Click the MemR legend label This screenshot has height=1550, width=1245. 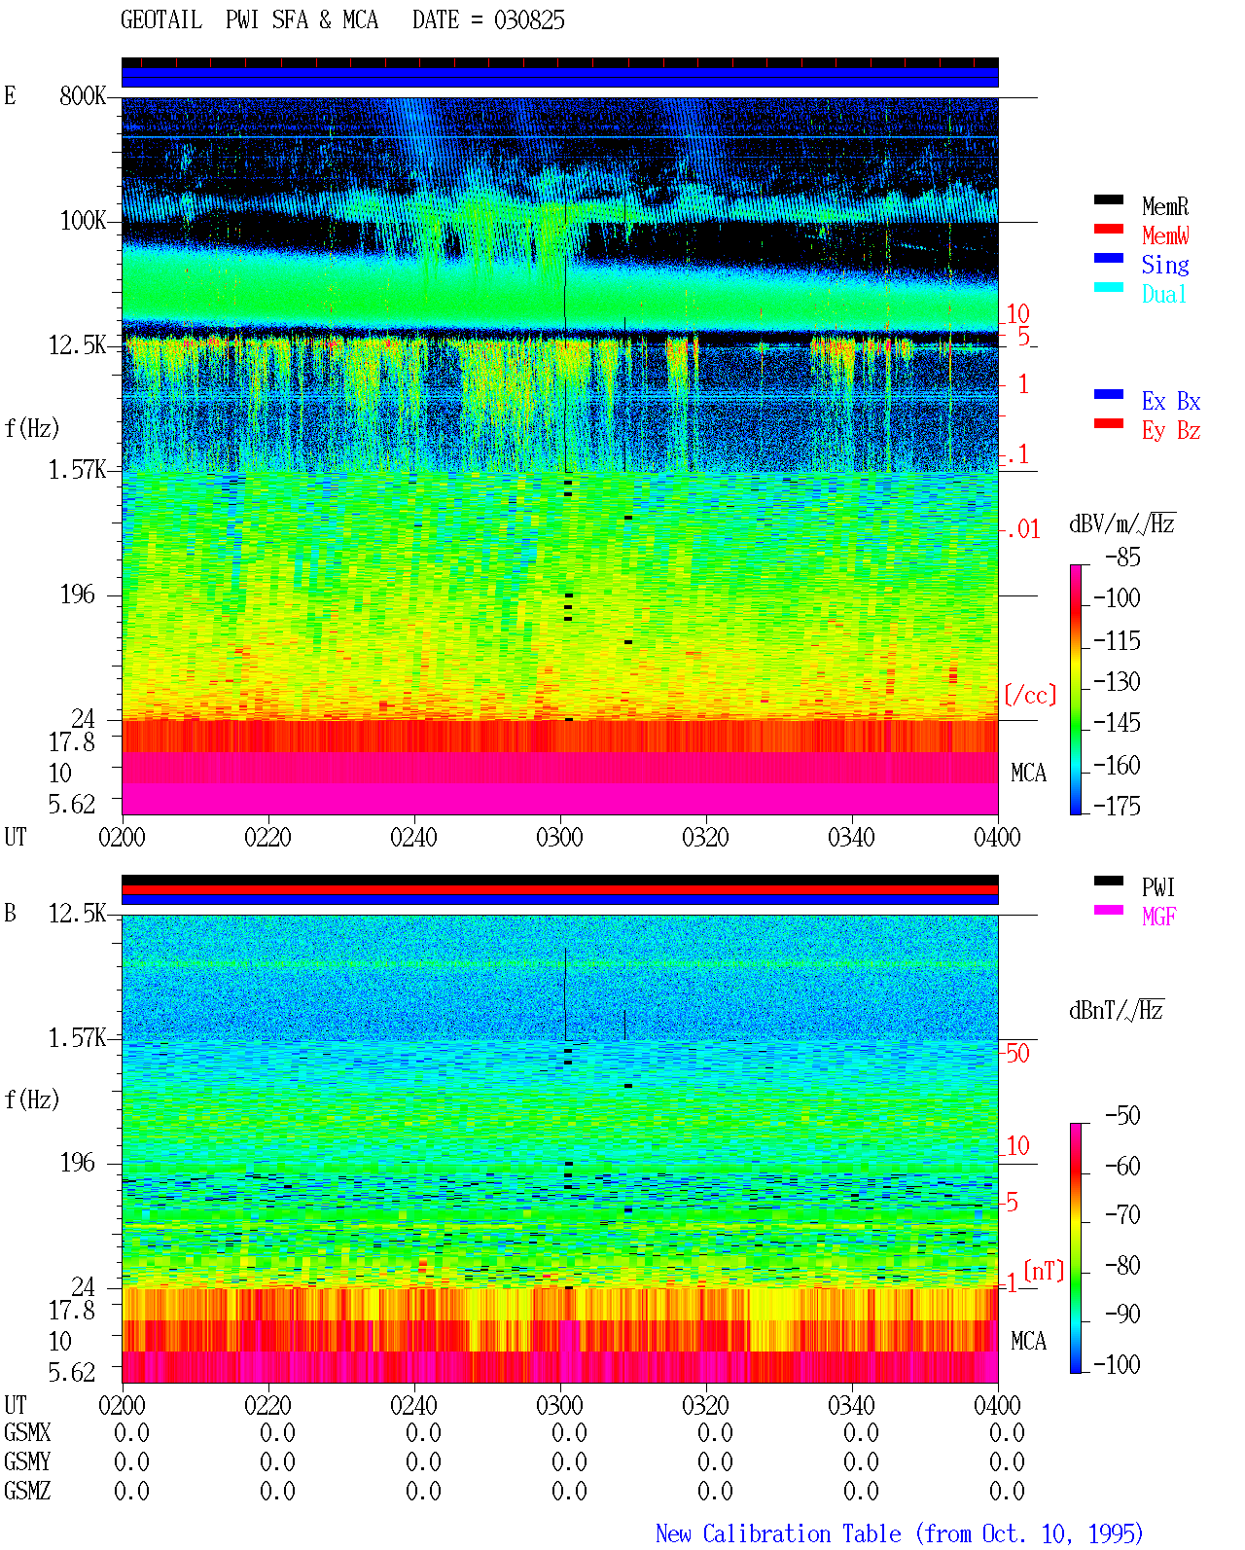pos(1164,206)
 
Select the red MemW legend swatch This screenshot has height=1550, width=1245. pos(1108,229)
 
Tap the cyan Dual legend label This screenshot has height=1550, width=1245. pos(1163,294)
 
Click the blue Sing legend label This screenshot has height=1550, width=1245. pos(1164,265)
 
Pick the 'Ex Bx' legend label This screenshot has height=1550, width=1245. pos(1171,401)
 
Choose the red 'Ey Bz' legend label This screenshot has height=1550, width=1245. pos(1171,431)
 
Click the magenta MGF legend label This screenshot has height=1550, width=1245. pos(1158,917)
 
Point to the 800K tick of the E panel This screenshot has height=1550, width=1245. pos(83,95)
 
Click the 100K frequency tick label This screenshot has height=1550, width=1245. pos(83,221)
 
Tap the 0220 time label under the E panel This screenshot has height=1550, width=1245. pos(267,837)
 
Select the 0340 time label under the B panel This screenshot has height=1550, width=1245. pos(851,1405)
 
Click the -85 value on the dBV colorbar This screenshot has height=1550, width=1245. pos(1122,557)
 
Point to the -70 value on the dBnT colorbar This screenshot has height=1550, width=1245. pos(1122,1214)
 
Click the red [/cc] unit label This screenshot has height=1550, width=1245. pos(1030,695)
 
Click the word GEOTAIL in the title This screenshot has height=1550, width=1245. pos(161,20)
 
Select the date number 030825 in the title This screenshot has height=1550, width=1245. pos(529,20)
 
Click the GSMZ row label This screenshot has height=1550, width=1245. pos(27,1490)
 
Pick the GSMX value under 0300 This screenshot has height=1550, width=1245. pos(569,1432)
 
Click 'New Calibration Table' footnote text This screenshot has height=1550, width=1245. pos(778,1533)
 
